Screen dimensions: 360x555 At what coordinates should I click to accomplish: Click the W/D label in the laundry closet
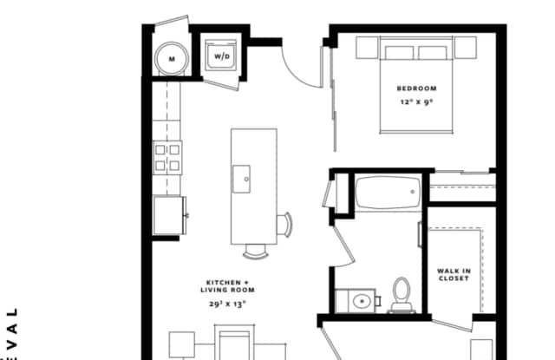[223, 57]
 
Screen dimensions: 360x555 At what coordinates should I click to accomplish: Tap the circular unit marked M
[171, 58]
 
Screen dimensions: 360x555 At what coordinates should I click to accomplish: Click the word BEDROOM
[416, 88]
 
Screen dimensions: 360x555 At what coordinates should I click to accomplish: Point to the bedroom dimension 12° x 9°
[416, 102]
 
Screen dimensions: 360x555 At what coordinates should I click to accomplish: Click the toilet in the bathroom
[402, 294]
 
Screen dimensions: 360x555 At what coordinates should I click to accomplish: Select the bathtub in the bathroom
[388, 193]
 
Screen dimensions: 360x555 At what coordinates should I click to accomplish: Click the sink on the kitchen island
[245, 180]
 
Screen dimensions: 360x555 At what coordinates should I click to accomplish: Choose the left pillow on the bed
[400, 51]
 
